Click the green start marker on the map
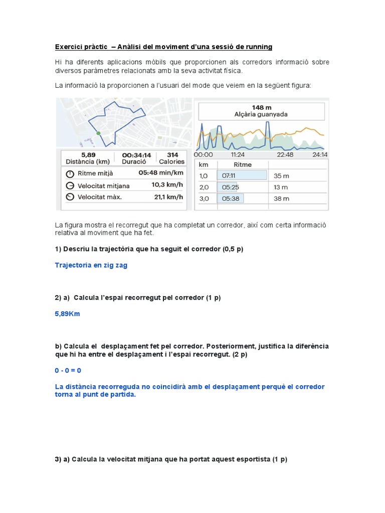98,133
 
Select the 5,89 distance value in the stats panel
88,155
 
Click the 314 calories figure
172,155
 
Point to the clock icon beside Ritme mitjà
70,173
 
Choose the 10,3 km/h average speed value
168,185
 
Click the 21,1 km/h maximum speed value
168,197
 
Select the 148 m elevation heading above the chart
261,107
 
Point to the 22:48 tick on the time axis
285,154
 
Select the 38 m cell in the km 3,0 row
281,198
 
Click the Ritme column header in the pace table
243,164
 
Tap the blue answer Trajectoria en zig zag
91,266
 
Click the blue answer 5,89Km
67,314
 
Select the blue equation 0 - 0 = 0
68,370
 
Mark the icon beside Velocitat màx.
70,197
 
